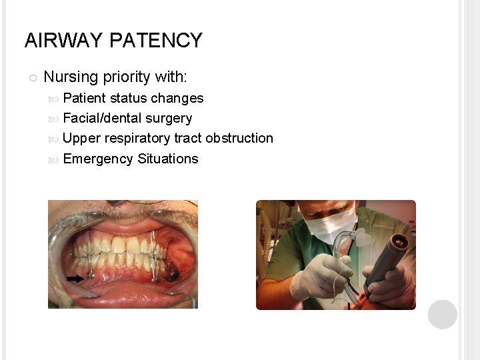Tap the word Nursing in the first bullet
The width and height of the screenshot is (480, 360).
[70, 77]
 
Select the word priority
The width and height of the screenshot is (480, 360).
[127, 77]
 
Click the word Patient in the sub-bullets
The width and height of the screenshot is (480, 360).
[84, 98]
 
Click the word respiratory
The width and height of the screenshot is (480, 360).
[137, 139]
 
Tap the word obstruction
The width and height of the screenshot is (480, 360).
[239, 138]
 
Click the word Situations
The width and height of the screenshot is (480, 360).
[168, 159]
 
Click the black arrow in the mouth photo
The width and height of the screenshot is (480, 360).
[75, 279]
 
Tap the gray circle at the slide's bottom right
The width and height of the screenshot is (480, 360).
[443, 315]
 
